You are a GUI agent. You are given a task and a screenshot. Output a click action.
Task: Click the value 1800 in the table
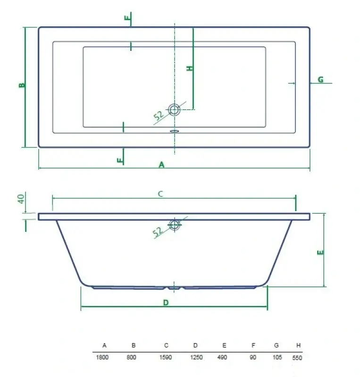(x=102, y=357)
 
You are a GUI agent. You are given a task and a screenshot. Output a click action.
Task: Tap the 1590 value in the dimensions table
(x=165, y=357)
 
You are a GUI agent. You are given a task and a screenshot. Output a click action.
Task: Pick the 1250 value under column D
(x=196, y=357)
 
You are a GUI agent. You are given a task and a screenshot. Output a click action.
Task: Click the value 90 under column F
(x=253, y=357)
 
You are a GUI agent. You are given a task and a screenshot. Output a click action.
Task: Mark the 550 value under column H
(x=297, y=358)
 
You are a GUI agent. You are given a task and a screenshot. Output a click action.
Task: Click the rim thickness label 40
(x=21, y=198)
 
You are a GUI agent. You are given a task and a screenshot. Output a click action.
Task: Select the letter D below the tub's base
(x=166, y=303)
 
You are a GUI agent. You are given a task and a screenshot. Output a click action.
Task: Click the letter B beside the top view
(x=21, y=85)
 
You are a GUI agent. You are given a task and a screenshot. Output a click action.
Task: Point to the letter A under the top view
(x=161, y=164)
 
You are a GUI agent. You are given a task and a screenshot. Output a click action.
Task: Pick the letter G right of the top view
(x=320, y=80)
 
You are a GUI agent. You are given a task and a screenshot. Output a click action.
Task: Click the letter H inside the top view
(x=190, y=68)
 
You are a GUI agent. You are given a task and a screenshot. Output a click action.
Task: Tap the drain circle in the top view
(x=175, y=110)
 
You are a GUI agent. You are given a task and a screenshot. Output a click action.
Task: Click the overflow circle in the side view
(x=175, y=224)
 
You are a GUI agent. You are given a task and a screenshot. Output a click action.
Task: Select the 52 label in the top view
(x=159, y=115)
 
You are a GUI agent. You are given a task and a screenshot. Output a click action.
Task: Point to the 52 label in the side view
(x=158, y=230)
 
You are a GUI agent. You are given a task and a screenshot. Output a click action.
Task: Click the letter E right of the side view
(x=320, y=252)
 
